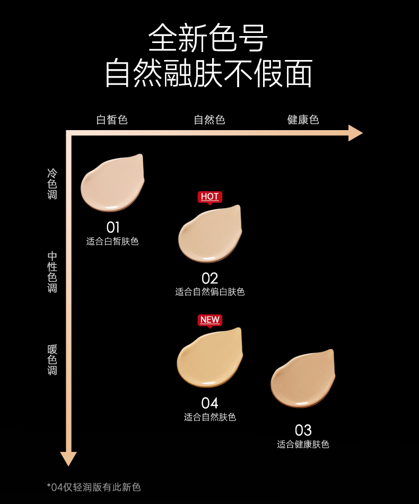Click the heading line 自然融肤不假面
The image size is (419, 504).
(x=208, y=73)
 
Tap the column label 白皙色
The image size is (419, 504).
(x=112, y=119)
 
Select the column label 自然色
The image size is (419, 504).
(x=210, y=119)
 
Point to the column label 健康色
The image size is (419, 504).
(x=303, y=119)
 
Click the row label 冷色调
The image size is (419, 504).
(x=52, y=184)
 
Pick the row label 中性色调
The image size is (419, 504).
(x=52, y=272)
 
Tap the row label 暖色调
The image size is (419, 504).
(x=52, y=360)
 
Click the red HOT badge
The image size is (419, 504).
(x=210, y=197)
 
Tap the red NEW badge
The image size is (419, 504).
(x=210, y=320)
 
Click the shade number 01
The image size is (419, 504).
(x=112, y=227)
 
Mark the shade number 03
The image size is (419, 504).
(x=303, y=430)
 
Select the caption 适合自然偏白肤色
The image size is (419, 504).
(x=210, y=292)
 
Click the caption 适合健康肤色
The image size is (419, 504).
(x=303, y=445)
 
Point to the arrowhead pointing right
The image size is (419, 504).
(x=355, y=133)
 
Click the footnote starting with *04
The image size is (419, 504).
(x=94, y=487)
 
